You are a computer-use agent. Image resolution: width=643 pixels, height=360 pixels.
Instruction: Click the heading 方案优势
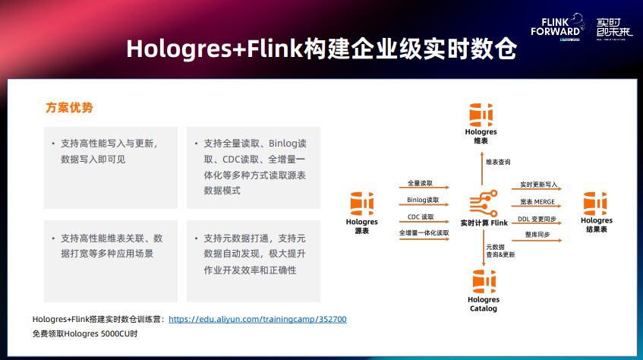[x=70, y=109]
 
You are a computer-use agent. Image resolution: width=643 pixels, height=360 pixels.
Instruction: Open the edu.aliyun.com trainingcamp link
[x=257, y=319]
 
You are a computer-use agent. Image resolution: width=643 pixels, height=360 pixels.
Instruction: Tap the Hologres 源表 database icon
[x=361, y=204]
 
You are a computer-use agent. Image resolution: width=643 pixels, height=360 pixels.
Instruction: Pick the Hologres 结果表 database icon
[x=595, y=204]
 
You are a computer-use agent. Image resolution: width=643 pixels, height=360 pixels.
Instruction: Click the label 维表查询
[x=498, y=162]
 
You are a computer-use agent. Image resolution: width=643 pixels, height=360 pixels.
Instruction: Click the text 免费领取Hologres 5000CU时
[x=85, y=334]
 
